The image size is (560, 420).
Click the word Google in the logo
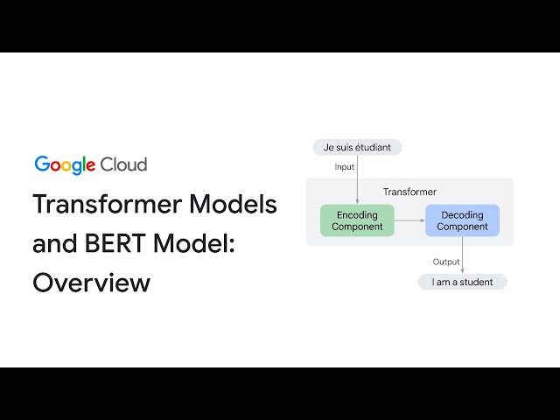(65, 164)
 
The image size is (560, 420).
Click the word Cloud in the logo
(123, 164)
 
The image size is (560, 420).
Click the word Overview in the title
(91, 283)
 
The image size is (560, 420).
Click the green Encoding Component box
(357, 220)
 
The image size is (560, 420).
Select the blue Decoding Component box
(462, 220)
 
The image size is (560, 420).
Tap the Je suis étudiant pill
(357, 147)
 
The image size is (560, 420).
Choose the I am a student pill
(462, 282)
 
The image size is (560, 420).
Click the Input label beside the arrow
(345, 166)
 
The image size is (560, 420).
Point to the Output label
(446, 262)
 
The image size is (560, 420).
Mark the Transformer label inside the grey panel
(409, 192)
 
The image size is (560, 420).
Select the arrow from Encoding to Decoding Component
(409, 220)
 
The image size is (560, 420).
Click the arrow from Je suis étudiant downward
(357, 179)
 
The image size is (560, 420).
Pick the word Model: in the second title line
(198, 244)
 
